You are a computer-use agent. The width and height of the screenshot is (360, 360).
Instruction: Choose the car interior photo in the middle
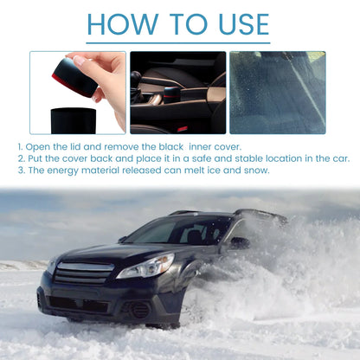(x=177, y=92)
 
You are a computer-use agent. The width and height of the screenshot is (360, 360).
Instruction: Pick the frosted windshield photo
(x=277, y=92)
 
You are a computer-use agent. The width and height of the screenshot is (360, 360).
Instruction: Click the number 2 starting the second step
(x=19, y=158)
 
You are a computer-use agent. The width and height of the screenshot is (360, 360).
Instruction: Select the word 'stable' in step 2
(x=222, y=158)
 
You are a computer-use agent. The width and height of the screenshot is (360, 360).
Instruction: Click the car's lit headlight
(x=145, y=267)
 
